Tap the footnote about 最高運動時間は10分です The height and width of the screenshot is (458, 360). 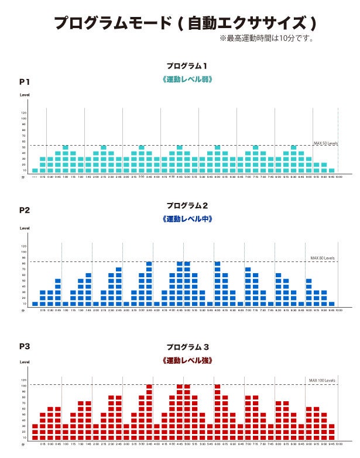point(267,39)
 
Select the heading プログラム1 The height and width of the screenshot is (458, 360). point(187,66)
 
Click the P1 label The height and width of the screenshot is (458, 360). point(25,81)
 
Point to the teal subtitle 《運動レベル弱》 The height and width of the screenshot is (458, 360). point(187,78)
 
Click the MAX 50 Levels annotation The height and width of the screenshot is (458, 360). point(325,143)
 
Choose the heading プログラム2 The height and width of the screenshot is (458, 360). point(187,205)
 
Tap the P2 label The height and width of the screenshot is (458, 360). point(25,210)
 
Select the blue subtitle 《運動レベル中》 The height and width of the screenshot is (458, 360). point(187,219)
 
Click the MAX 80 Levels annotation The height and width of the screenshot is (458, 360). point(322,258)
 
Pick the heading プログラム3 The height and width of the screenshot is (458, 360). point(187,347)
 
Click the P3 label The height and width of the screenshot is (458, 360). point(25,346)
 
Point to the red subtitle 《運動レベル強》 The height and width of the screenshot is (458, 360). point(187,360)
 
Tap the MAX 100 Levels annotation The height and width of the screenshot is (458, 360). point(321,380)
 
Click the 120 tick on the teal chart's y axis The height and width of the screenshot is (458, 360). point(24,112)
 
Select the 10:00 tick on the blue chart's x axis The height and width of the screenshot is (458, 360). point(338,311)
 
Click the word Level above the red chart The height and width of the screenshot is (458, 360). point(25,362)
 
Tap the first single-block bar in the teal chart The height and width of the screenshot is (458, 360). point(35,170)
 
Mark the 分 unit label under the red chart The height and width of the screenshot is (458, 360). point(23,445)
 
